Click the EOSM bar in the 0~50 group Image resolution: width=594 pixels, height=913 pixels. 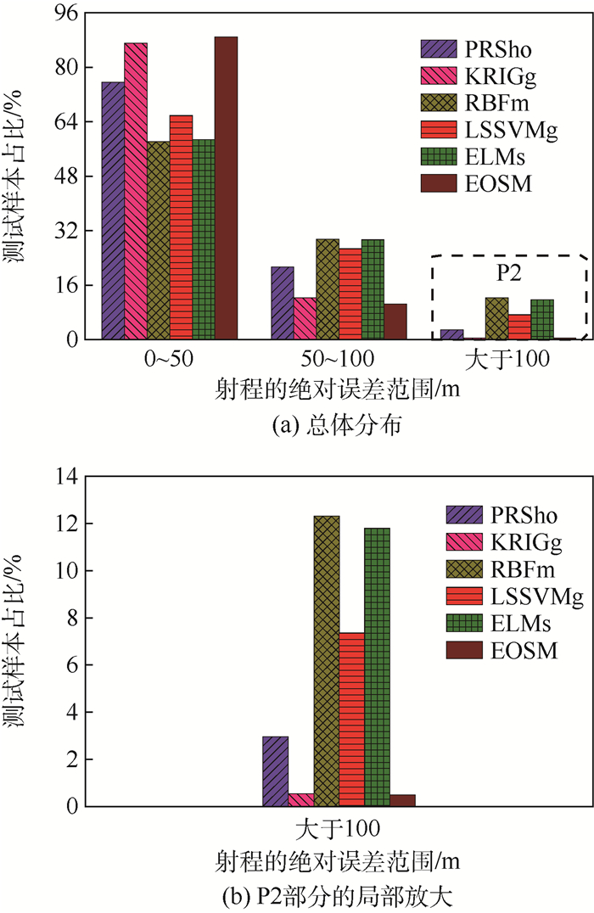coord(226,188)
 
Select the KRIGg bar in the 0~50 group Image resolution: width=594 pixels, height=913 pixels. coord(136,191)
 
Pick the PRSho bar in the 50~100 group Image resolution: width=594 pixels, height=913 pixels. coord(283,303)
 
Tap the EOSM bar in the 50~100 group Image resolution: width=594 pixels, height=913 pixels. coord(395,322)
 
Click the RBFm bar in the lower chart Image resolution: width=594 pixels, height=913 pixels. coord(327,661)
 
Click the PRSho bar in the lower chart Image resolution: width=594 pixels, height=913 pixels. coord(276,771)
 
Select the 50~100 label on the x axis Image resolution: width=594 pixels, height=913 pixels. coord(339,359)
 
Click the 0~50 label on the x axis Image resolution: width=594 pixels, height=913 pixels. coord(169,359)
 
